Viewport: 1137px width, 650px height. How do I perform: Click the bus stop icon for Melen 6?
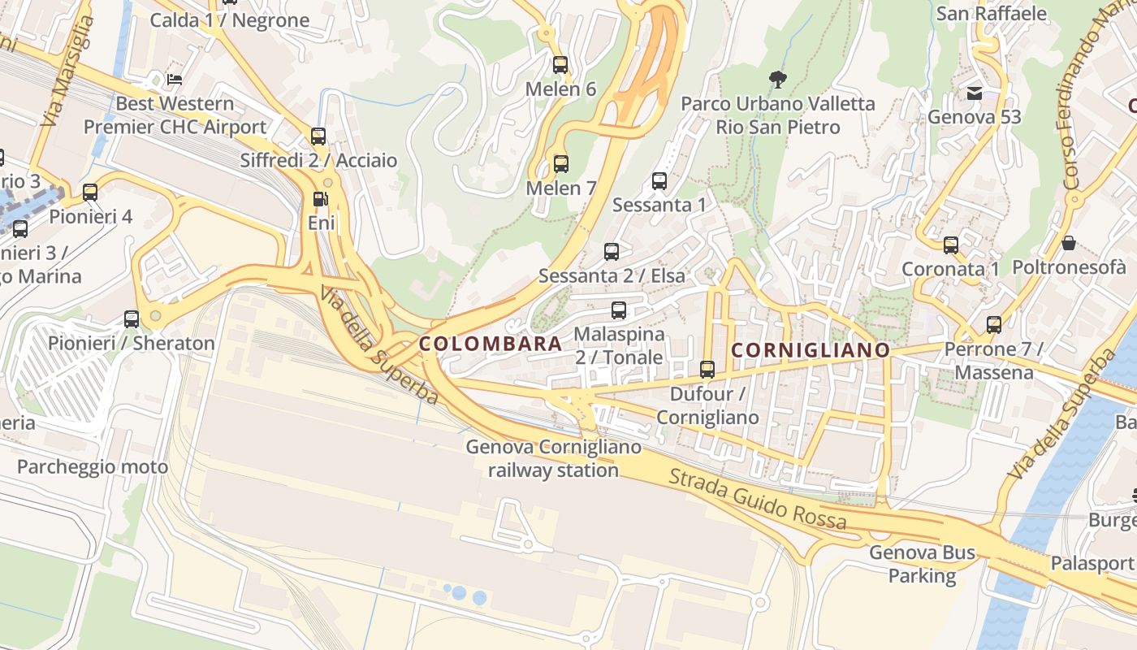[560, 65]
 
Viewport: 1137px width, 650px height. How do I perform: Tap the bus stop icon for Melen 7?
[560, 164]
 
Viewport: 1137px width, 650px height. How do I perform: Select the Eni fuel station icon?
[321, 199]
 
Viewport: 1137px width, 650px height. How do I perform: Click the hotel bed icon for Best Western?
[175, 80]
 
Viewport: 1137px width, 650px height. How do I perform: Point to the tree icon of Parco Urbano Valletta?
[777, 79]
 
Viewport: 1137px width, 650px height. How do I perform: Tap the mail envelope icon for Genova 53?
[975, 93]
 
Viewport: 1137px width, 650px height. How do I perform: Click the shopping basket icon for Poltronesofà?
[1069, 243]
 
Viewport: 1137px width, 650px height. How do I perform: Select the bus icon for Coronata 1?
[950, 245]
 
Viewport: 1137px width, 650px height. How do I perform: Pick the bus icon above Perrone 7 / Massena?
[993, 325]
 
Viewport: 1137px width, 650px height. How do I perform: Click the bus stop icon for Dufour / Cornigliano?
[707, 370]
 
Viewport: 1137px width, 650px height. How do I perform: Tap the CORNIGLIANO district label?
[811, 350]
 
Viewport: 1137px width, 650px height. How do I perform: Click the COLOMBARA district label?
[491, 344]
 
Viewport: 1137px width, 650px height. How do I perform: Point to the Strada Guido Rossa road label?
[757, 499]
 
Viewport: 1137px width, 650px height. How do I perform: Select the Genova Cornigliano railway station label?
[553, 458]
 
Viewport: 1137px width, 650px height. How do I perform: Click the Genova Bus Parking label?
[922, 565]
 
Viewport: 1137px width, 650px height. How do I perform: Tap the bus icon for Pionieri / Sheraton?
[132, 319]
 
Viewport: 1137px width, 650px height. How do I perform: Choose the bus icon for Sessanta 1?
[659, 180]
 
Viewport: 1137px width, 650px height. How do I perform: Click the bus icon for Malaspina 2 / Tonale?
[619, 310]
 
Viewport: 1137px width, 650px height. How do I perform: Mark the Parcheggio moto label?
[93, 466]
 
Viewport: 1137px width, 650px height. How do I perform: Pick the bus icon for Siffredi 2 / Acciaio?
[318, 136]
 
